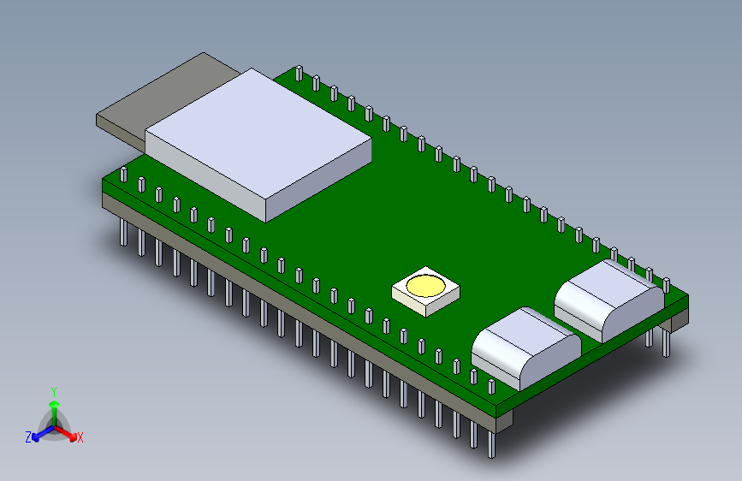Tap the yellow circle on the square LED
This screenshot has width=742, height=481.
[x=424, y=285]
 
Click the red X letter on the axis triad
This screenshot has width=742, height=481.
[x=80, y=437]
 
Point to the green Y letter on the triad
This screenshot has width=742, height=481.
[x=54, y=390]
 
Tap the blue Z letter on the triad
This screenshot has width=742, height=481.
[x=28, y=437]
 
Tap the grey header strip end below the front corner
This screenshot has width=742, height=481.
[x=504, y=417]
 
